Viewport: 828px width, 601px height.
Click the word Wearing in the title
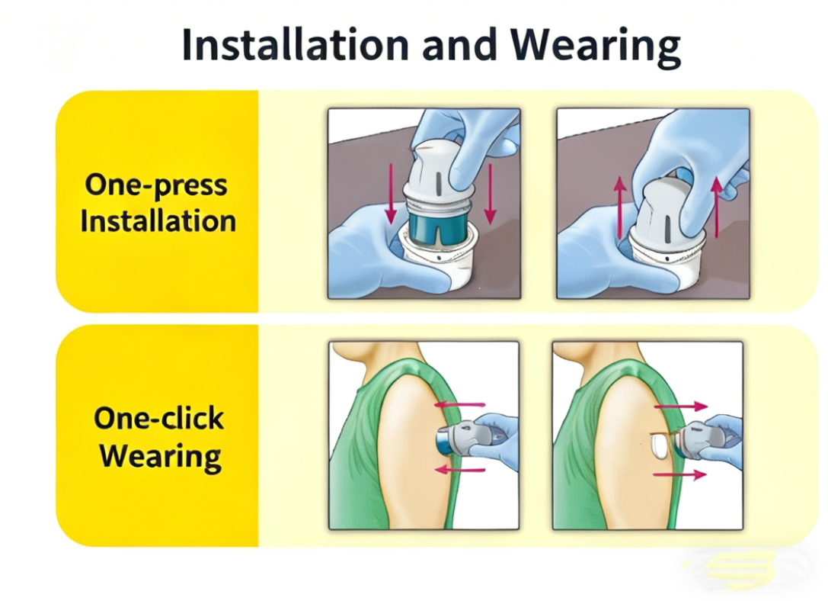(x=595, y=47)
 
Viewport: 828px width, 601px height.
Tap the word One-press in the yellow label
(x=156, y=185)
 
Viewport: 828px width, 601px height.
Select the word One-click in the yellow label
(x=159, y=418)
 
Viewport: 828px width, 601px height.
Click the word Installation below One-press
(x=158, y=221)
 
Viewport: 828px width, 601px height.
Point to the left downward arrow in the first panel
(x=391, y=194)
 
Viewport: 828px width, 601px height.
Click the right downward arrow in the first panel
(x=491, y=194)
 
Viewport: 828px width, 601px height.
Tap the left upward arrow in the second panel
(x=620, y=207)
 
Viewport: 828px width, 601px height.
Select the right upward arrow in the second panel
(x=717, y=207)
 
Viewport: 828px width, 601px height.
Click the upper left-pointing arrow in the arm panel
(x=459, y=405)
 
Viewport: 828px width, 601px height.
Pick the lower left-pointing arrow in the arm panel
(x=459, y=469)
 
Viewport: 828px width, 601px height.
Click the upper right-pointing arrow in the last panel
(x=681, y=406)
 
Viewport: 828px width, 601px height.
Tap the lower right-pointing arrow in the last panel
(x=679, y=474)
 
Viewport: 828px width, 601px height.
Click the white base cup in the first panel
(x=436, y=262)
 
